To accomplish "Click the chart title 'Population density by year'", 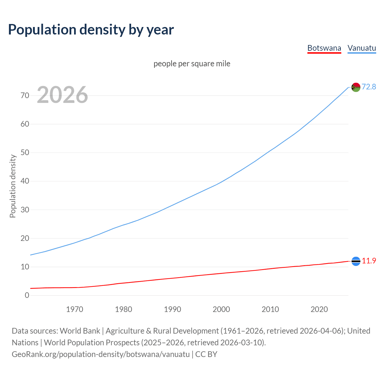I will pos(91,30).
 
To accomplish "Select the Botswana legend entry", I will pos(324,48).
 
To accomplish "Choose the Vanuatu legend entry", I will pos(361,48).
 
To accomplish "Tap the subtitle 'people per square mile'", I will pos(192,64).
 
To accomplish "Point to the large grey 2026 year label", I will pos(62,95).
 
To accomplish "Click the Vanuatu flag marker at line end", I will pos(356,87).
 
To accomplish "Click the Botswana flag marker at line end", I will pos(356,261).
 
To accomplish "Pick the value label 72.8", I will pos(369,87).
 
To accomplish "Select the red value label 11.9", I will pos(369,261).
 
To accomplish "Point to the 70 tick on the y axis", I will pos(25,96).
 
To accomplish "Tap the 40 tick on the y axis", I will pos(25,181).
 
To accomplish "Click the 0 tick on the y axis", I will pos(27,295).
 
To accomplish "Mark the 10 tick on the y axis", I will pos(25,267).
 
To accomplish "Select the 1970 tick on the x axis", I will pos(75,309).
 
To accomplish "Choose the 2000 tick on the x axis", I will pos(221,309).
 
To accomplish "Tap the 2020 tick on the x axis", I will pos(319,309).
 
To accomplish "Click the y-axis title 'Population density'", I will pos(13,186).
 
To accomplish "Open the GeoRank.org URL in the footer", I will pos(100,354).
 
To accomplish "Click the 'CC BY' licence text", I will pos(206,354).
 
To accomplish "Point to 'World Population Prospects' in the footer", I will pos(91,343).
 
